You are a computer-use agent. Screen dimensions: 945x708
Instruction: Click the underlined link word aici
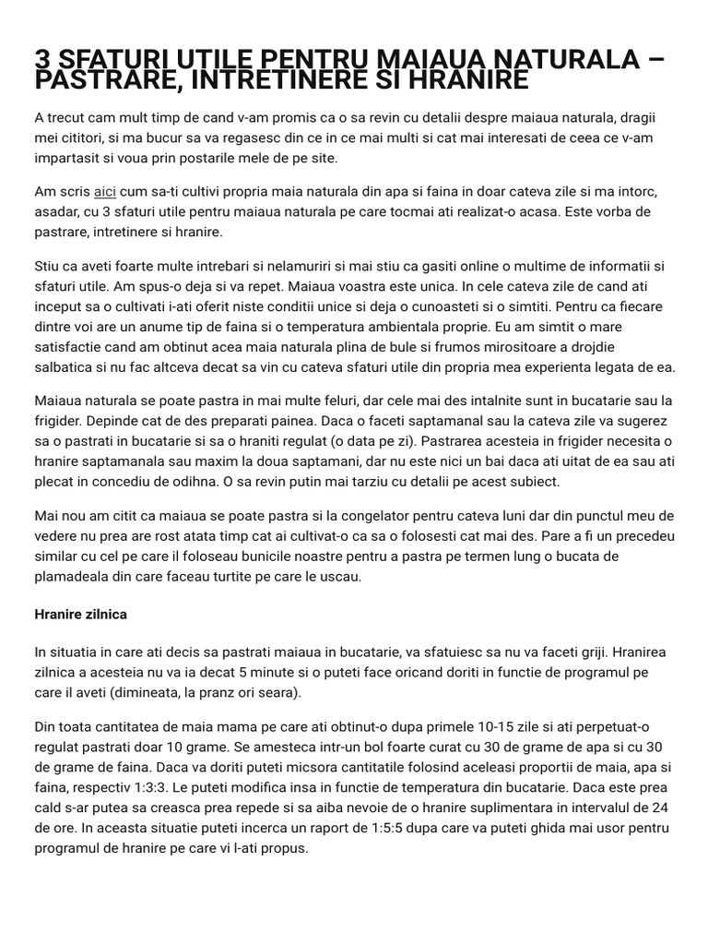[104, 191]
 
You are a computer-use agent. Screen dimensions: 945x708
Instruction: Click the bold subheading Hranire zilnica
[80, 613]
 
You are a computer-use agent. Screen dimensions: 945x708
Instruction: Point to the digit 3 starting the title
[42, 60]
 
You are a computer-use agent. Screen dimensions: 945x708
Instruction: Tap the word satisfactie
[71, 346]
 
